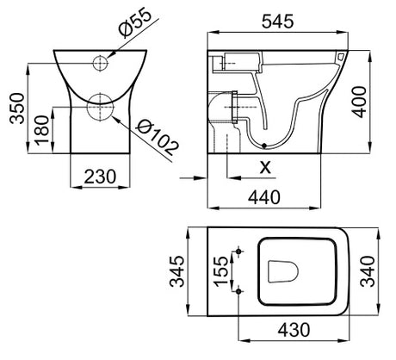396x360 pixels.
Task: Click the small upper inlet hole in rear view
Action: click(102, 61)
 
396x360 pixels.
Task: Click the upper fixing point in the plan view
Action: click(238, 251)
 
